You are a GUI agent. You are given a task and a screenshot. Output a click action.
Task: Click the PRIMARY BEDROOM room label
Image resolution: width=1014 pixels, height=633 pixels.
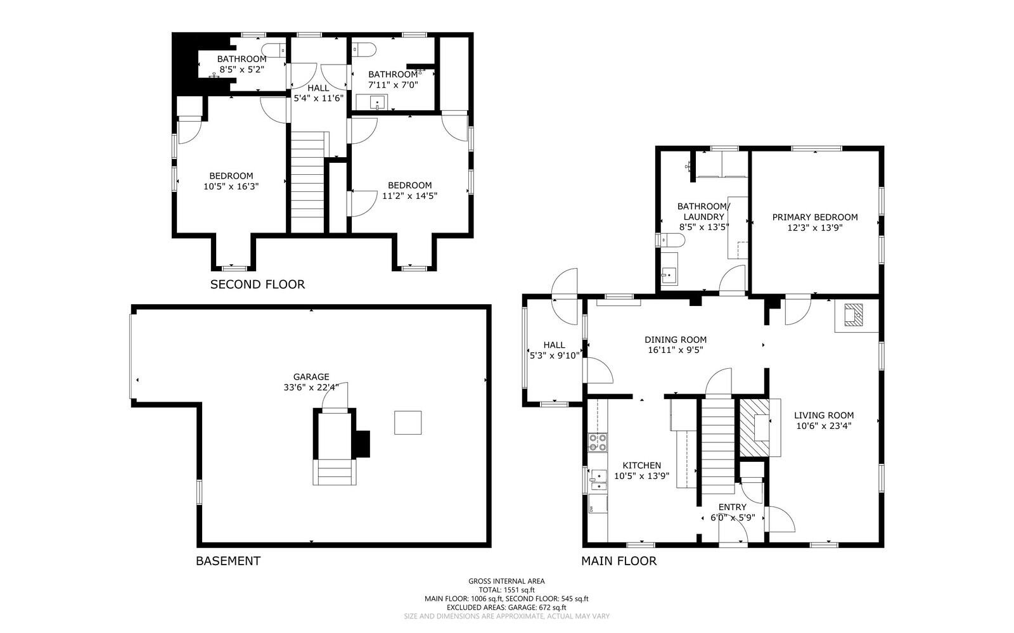tap(814, 217)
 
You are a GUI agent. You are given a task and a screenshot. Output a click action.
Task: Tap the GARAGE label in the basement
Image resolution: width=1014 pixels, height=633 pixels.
tap(311, 376)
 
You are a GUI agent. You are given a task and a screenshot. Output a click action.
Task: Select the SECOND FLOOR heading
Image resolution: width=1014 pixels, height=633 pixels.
tap(257, 285)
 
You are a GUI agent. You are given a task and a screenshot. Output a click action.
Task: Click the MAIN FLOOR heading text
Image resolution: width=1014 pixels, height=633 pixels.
tap(619, 561)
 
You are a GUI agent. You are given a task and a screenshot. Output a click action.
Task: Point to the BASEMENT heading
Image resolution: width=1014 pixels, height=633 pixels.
tap(228, 561)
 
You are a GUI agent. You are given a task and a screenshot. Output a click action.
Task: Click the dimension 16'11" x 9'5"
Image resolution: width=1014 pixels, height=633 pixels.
tap(675, 350)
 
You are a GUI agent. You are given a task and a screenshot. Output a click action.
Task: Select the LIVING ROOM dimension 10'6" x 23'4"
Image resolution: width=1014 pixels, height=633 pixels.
tap(823, 426)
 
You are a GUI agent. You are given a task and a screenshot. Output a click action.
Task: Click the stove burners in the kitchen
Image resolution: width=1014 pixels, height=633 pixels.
tap(597, 442)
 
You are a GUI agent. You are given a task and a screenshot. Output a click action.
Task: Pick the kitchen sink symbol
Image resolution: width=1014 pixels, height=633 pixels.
tap(597, 476)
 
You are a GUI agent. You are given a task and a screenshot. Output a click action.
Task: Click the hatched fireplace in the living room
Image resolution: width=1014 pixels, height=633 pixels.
tap(755, 426)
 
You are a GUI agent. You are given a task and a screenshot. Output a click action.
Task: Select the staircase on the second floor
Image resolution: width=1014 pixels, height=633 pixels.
tap(307, 181)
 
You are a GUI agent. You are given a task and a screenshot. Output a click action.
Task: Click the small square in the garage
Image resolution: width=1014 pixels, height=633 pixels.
tap(408, 423)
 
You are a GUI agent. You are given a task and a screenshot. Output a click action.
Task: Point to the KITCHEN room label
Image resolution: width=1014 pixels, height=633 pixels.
tap(641, 465)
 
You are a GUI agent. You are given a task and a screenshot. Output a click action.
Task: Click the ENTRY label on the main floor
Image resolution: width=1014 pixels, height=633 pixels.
tap(732, 507)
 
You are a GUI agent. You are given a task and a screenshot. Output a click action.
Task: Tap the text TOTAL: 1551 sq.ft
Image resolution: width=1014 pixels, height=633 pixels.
tap(506, 590)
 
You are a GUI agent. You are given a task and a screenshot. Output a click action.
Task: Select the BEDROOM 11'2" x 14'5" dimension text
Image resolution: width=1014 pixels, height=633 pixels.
tap(409, 196)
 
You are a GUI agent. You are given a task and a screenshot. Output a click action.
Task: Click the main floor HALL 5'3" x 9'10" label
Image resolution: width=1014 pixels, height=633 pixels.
tap(554, 350)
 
